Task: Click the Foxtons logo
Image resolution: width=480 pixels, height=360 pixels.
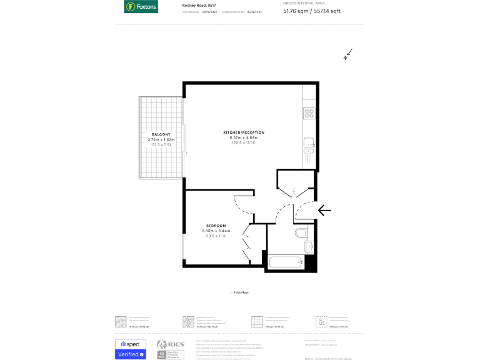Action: point(141,7)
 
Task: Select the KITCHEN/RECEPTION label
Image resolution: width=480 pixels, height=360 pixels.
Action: point(244,132)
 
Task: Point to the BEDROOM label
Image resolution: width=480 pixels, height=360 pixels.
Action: point(216,226)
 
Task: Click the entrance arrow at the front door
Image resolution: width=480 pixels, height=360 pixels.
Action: point(324,210)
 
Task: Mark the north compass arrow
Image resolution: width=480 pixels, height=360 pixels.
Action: point(348,54)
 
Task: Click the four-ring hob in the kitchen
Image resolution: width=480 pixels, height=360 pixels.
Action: point(309,113)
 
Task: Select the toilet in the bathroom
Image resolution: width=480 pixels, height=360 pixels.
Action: point(301,234)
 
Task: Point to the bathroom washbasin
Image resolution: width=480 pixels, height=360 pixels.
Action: point(309,247)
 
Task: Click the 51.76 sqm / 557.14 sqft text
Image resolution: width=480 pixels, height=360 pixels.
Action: point(312,11)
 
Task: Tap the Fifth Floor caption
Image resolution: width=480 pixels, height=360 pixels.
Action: point(239,292)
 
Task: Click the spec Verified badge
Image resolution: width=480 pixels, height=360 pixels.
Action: point(131,349)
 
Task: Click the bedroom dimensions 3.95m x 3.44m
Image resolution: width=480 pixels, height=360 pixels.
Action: point(216,231)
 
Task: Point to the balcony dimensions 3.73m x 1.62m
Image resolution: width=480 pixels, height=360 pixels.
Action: point(161,139)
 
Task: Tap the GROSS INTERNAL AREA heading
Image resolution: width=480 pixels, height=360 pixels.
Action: point(303,3)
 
